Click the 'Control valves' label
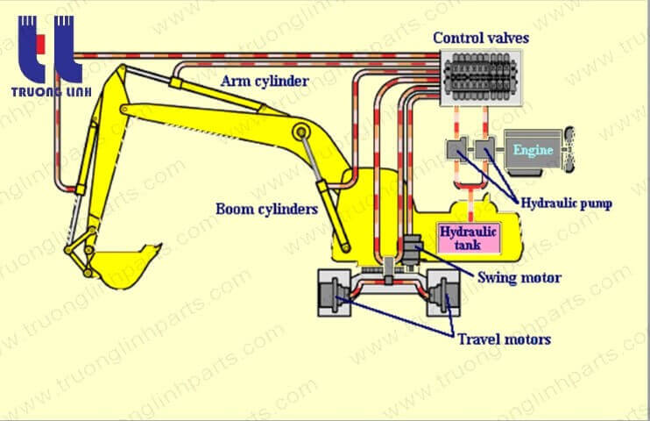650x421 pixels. [x=481, y=38]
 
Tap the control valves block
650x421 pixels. [x=481, y=79]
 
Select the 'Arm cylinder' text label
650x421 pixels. [x=265, y=81]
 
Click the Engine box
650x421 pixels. [x=533, y=150]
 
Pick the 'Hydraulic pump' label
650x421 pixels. [x=566, y=203]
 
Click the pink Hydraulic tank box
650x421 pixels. [x=468, y=237]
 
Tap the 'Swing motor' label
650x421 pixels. [x=519, y=278]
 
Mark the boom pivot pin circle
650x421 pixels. [x=301, y=132]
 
